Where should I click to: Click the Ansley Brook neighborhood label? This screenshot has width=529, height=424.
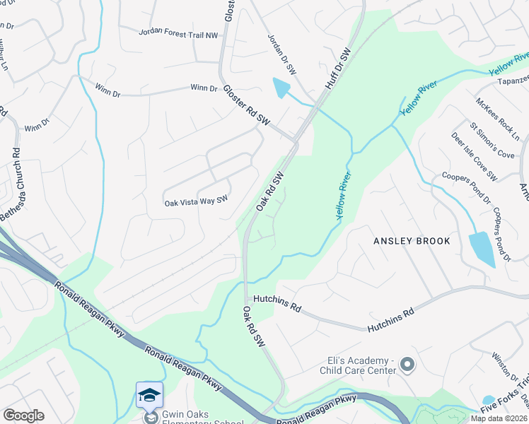pyautogui.click(x=412, y=241)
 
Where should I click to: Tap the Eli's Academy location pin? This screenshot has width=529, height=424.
pyautogui.click(x=407, y=365)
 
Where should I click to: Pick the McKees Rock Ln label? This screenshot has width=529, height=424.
pyautogui.click(x=498, y=118)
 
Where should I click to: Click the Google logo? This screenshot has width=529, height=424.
pyautogui.click(x=23, y=415)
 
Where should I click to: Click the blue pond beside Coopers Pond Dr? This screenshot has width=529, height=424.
pyautogui.click(x=482, y=249)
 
